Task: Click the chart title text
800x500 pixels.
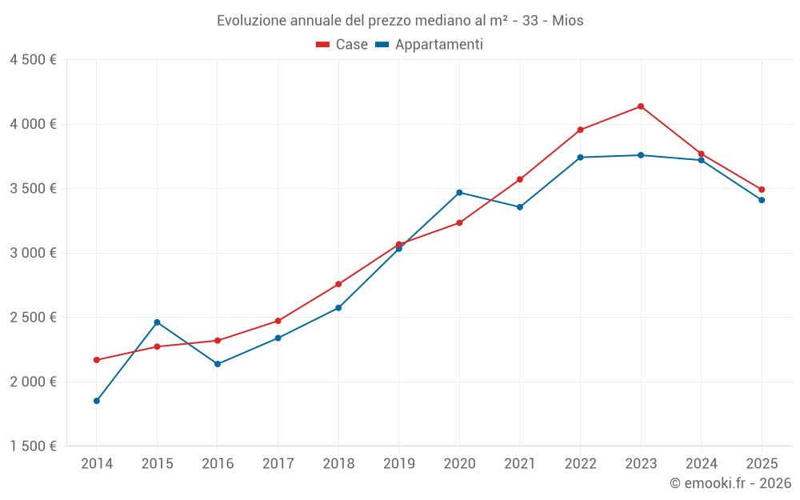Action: (400, 21)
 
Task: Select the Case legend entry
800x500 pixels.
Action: (342, 45)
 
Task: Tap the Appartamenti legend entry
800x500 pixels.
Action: (430, 45)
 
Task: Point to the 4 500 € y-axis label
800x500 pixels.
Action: (33, 60)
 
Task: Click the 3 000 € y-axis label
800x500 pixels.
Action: (33, 253)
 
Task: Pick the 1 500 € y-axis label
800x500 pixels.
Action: (33, 446)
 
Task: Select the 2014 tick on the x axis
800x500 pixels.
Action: (97, 463)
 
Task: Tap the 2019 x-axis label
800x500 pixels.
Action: (399, 463)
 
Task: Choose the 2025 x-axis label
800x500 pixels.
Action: (762, 463)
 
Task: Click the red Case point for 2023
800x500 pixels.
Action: (641, 106)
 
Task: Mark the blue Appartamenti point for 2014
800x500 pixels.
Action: (97, 401)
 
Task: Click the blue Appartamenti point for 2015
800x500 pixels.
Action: (157, 322)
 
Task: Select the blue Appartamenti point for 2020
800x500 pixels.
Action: (459, 193)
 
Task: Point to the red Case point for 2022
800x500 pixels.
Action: (580, 130)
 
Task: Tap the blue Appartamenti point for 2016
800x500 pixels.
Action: (218, 364)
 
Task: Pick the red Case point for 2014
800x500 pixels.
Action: (97, 360)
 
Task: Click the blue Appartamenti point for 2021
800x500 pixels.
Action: (520, 207)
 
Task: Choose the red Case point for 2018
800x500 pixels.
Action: (338, 284)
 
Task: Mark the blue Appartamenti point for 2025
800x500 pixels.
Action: (762, 200)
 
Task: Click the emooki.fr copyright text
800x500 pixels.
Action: (730, 483)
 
